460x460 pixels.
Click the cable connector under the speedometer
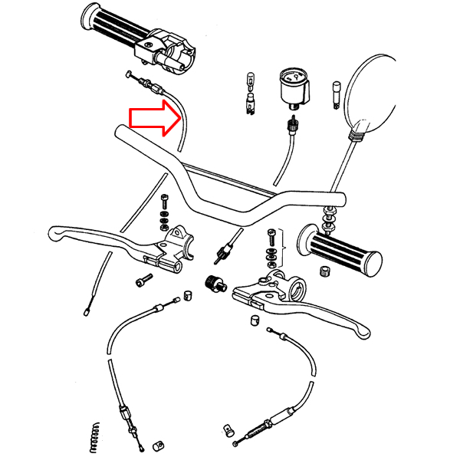291,125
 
